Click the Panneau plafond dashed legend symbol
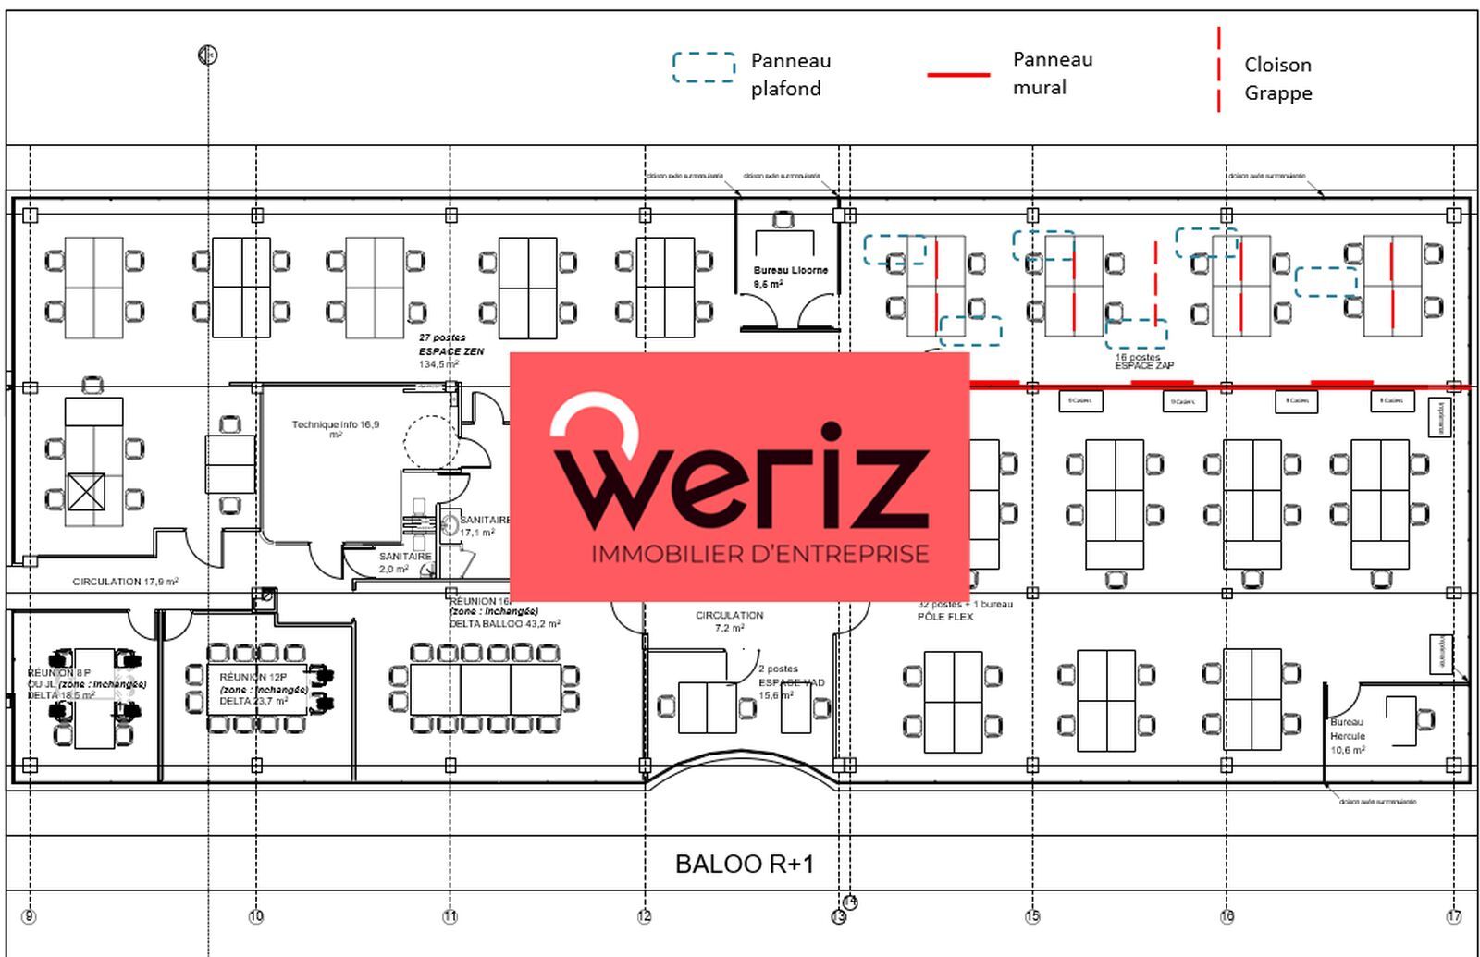pos(704,67)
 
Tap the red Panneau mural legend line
pos(958,74)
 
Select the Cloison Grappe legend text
pos(1277,79)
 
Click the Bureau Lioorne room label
pos(790,271)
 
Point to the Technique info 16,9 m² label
pos(335,428)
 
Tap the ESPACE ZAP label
pos(1143,365)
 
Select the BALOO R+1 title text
pos(745,865)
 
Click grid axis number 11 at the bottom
pos(450,916)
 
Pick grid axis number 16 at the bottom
pos(1227,916)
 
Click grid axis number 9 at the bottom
pos(29,916)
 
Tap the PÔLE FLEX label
pos(944,617)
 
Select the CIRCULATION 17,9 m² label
pos(125,582)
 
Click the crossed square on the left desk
pos(86,492)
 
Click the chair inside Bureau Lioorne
pos(783,220)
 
